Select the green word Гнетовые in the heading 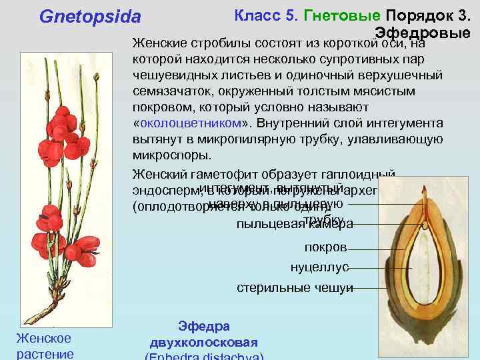click(342, 15)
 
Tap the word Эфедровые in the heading click(422, 33)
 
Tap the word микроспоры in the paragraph click(171, 155)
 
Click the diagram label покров click(325, 247)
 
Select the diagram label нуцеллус click(319, 267)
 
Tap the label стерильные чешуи click(295, 288)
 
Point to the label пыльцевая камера click(295, 224)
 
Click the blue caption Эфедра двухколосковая click(204, 334)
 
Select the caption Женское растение click(43, 346)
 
